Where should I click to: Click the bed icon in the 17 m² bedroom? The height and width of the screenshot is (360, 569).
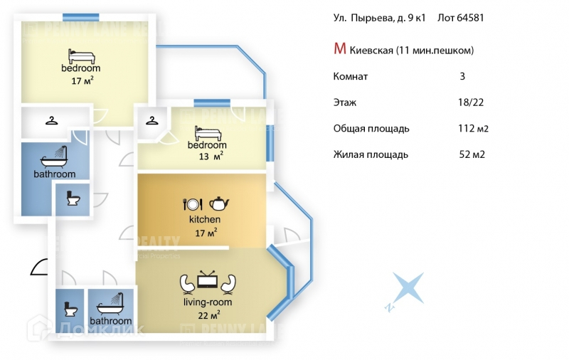[76, 55]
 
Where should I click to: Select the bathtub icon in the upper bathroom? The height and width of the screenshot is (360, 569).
[55, 157]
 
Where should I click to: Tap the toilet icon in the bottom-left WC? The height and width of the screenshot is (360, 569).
[70, 309]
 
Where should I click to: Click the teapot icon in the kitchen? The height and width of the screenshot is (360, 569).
[219, 203]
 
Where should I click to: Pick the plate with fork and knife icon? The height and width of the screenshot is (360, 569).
[193, 203]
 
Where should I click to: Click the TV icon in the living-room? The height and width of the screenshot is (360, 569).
[208, 280]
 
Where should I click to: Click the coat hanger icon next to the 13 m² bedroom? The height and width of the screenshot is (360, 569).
[151, 120]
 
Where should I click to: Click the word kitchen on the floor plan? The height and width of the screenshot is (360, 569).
[205, 219]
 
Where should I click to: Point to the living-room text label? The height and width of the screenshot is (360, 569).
[208, 302]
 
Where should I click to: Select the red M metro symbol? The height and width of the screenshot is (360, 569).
[340, 49]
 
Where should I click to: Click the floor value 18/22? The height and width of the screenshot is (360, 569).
[472, 102]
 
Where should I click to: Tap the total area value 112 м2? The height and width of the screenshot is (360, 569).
[473, 129]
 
